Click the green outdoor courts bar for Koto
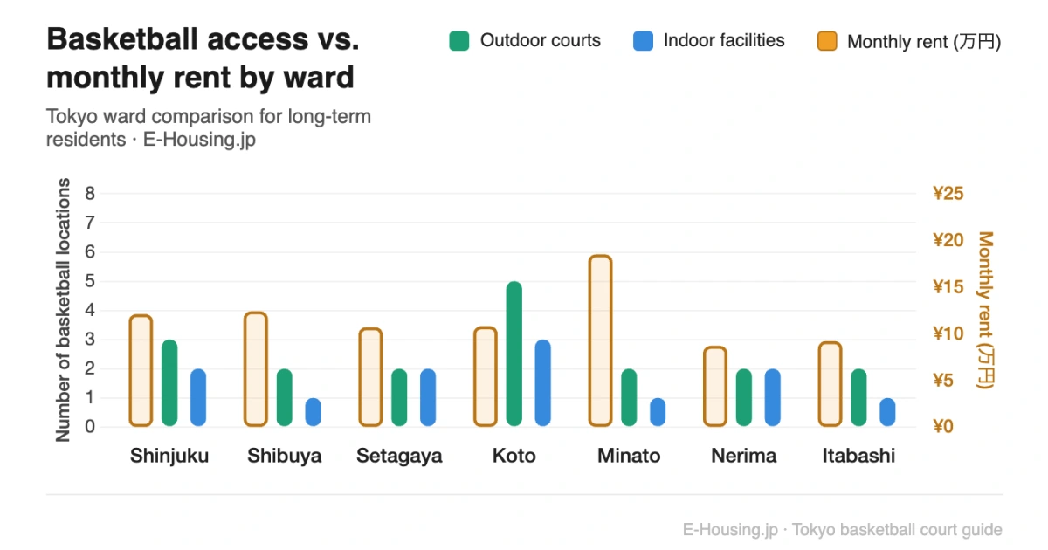(x=514, y=354)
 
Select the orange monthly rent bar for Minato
(x=600, y=340)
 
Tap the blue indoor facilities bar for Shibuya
(x=313, y=412)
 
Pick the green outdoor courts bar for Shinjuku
(x=169, y=382)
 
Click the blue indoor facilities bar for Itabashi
(x=887, y=412)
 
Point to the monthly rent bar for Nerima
(x=715, y=387)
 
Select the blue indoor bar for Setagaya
(x=428, y=397)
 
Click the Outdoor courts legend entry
(x=525, y=40)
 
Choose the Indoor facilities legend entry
(x=708, y=40)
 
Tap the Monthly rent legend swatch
(x=827, y=41)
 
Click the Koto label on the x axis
(x=514, y=456)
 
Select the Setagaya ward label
(x=399, y=456)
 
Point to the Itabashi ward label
(x=858, y=456)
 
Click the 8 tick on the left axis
(x=90, y=193)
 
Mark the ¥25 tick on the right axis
(x=948, y=193)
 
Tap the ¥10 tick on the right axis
(x=948, y=333)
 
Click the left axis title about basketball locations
(x=63, y=310)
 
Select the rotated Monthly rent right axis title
(x=986, y=310)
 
